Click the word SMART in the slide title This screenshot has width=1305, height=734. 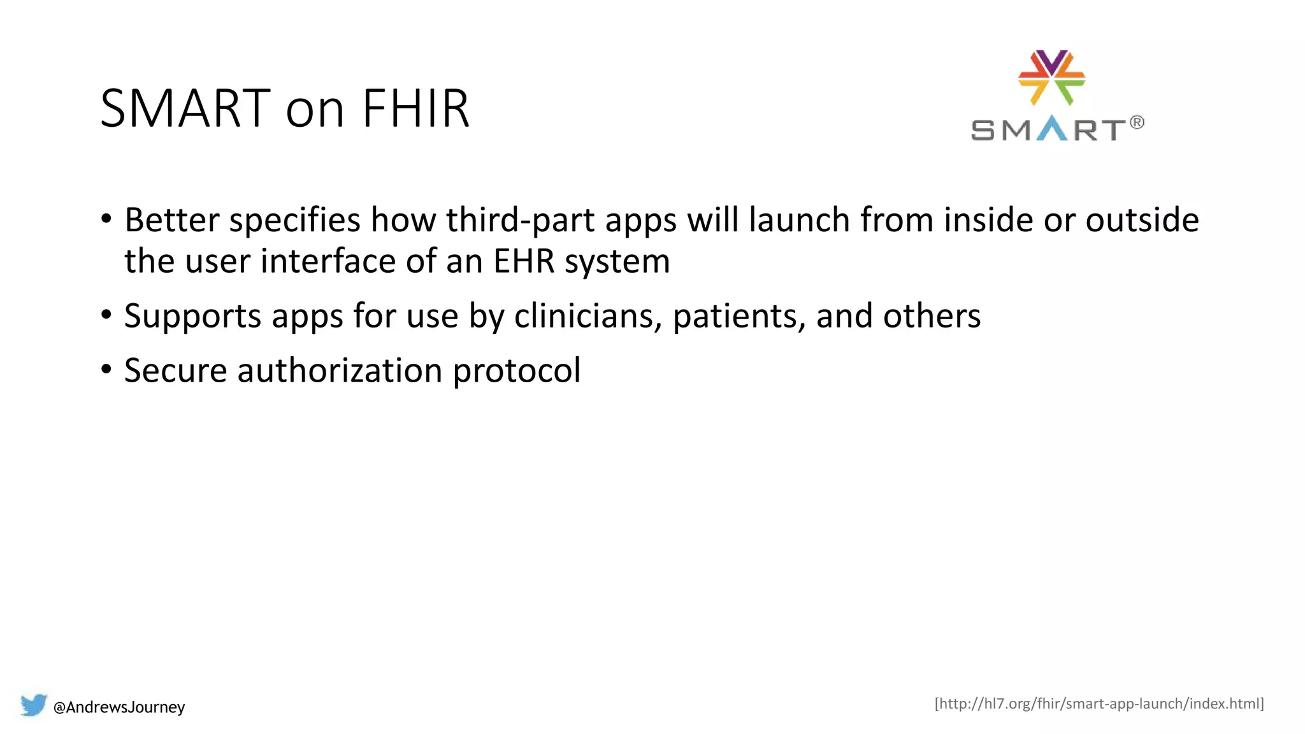(185, 108)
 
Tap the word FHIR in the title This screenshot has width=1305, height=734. (415, 108)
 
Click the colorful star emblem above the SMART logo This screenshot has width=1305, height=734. (1051, 77)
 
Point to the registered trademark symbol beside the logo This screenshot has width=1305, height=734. (1137, 122)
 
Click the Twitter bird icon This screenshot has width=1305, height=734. (34, 705)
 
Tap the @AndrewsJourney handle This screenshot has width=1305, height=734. (119, 707)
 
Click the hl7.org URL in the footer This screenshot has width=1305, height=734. (1099, 703)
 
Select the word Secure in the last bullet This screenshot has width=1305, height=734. (175, 371)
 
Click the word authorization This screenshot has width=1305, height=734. (340, 371)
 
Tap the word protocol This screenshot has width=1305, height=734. (516, 371)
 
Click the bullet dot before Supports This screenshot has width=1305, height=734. (106, 315)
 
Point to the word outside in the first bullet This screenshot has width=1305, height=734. (1142, 220)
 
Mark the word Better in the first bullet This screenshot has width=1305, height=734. (172, 220)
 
